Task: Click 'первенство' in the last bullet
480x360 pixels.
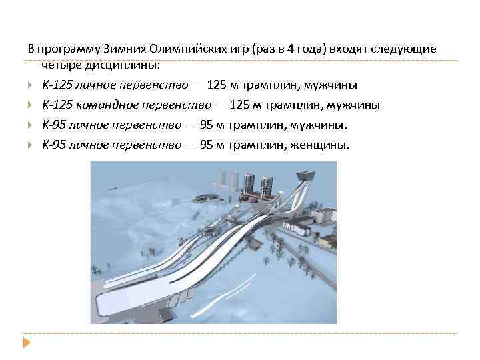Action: pos(151,145)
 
